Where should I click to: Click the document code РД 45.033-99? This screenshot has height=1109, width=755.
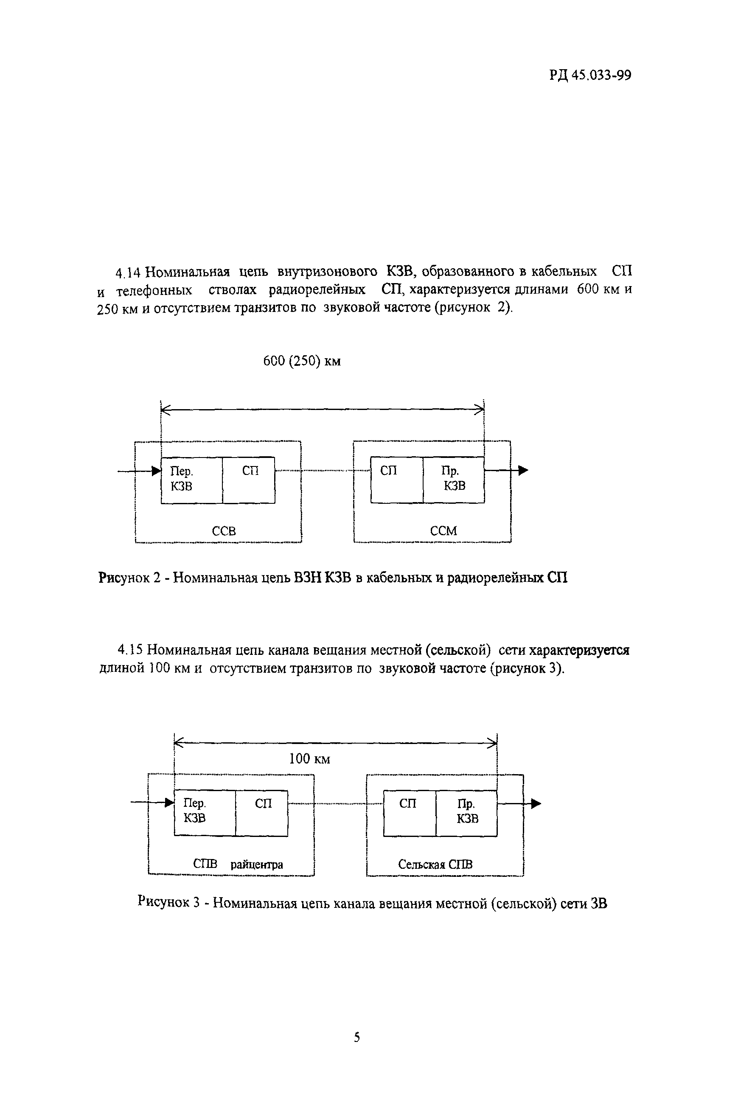[x=590, y=76]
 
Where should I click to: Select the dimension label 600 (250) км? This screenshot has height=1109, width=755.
[x=302, y=361]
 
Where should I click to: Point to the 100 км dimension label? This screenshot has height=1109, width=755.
[x=309, y=759]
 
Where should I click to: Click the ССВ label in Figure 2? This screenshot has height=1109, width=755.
[x=224, y=531]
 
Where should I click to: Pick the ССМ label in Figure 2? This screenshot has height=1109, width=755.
[x=443, y=531]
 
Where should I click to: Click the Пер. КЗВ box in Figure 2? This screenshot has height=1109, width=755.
[x=191, y=480]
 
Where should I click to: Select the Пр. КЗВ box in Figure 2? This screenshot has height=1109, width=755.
[x=453, y=480]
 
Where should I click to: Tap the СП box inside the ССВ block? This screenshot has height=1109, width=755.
[x=249, y=480]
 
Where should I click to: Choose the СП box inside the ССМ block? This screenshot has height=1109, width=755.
[x=396, y=480]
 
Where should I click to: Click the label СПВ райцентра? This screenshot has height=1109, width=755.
[x=238, y=864]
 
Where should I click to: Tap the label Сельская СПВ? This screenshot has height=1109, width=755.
[x=435, y=864]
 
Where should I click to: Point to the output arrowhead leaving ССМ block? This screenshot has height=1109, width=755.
[x=524, y=471]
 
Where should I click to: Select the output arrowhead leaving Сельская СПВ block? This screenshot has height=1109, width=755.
[x=536, y=803]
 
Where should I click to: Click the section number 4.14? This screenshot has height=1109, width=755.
[x=127, y=273]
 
